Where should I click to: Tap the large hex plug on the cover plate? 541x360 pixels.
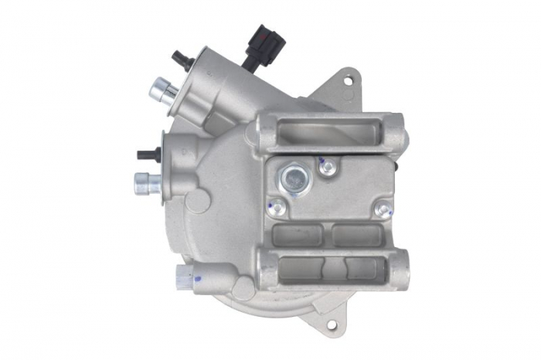point(294,179)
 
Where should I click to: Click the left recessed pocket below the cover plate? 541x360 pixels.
point(298,234)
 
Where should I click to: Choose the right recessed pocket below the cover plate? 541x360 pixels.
point(356,234)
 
